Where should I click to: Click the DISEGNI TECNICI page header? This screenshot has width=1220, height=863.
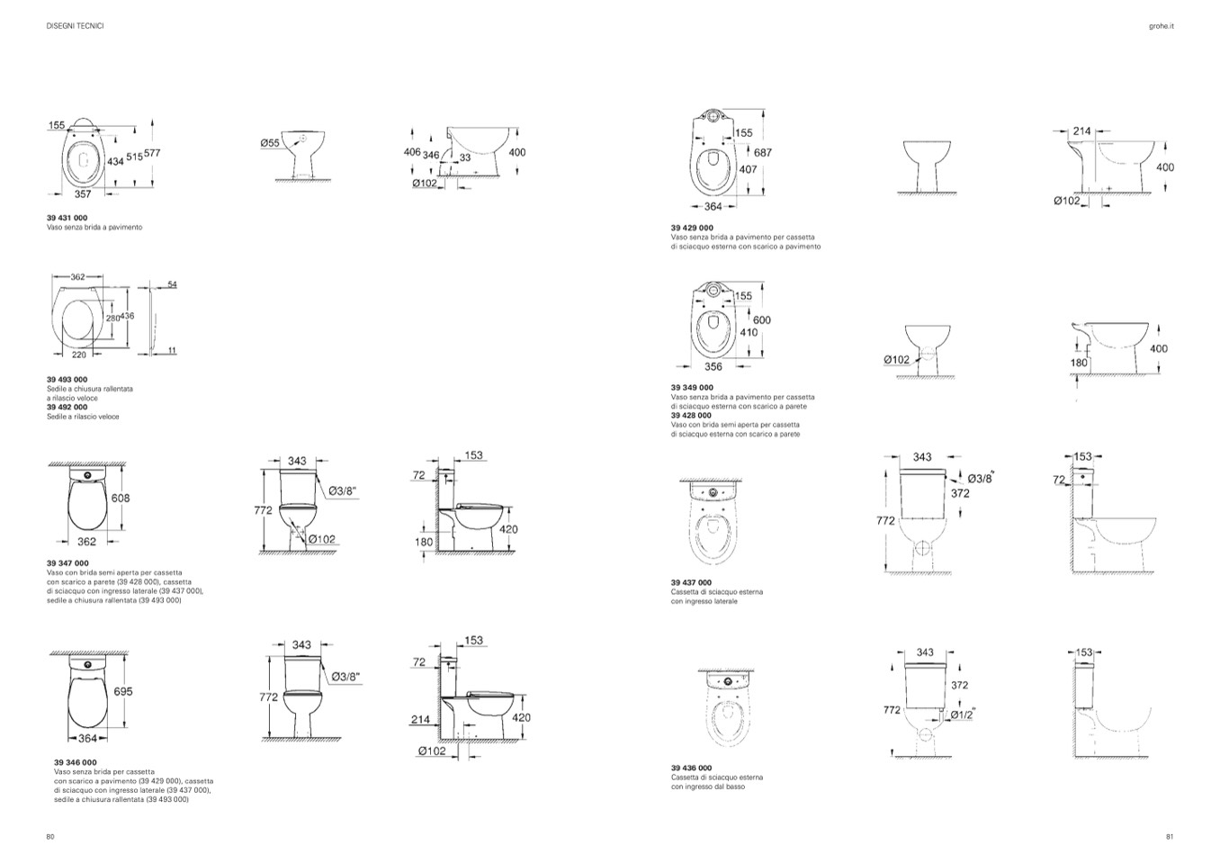pos(75,26)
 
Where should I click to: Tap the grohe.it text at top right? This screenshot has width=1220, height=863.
pos(1162,26)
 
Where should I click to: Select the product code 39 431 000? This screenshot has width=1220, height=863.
pos(67,218)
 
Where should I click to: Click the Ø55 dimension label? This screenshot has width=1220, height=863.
pos(270,142)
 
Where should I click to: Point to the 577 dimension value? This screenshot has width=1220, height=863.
pos(152,154)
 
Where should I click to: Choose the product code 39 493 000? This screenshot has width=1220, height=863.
pos(67,380)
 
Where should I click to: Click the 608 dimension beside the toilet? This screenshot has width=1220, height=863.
pos(121,498)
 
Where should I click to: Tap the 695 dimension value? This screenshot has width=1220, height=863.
pos(123,691)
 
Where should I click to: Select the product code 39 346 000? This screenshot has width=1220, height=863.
pos(75,762)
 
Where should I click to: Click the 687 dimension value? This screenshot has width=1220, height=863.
pos(763,153)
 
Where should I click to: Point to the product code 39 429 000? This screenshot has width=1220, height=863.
pos(692,228)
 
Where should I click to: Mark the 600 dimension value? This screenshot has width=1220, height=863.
pos(761,320)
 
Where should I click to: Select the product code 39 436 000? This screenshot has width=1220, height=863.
pos(692,768)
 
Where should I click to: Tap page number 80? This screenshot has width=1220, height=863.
pos(50,836)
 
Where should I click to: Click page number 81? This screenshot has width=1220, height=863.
pos(1170,836)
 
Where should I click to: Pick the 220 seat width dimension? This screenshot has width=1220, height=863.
pos(79,355)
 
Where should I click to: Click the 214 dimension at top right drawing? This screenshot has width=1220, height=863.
pos(1081,131)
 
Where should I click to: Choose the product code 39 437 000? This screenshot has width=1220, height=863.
pos(692,582)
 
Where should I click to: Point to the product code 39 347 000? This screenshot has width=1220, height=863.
pos(67,563)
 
